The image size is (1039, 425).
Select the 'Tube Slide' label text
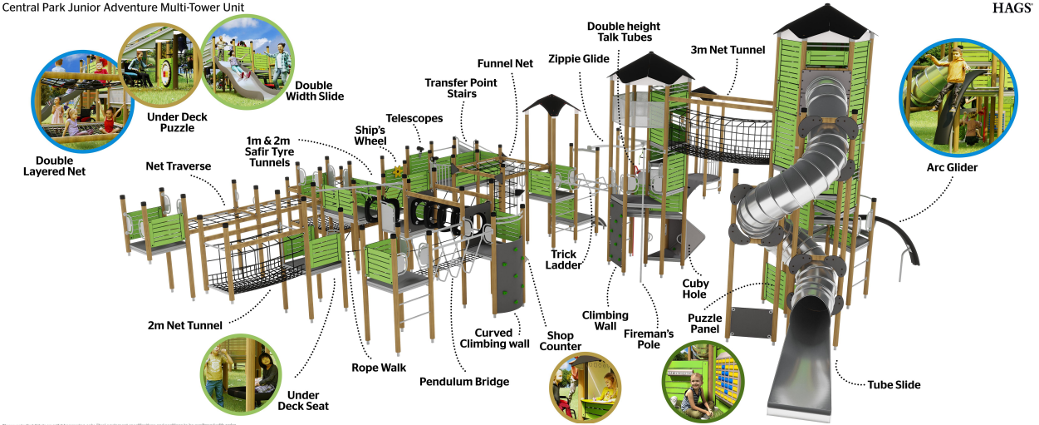pos(894,385)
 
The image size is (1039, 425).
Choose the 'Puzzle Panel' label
pos(704,324)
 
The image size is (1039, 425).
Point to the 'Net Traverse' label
pos(178,166)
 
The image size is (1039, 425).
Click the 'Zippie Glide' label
pos(579,59)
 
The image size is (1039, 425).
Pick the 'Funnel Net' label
pos(505,63)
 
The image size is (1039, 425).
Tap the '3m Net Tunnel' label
pos(728,50)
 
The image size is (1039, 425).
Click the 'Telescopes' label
pos(414,118)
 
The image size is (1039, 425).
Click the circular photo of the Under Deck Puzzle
pos(161,67)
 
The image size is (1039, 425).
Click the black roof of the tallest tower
pos(824,20)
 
